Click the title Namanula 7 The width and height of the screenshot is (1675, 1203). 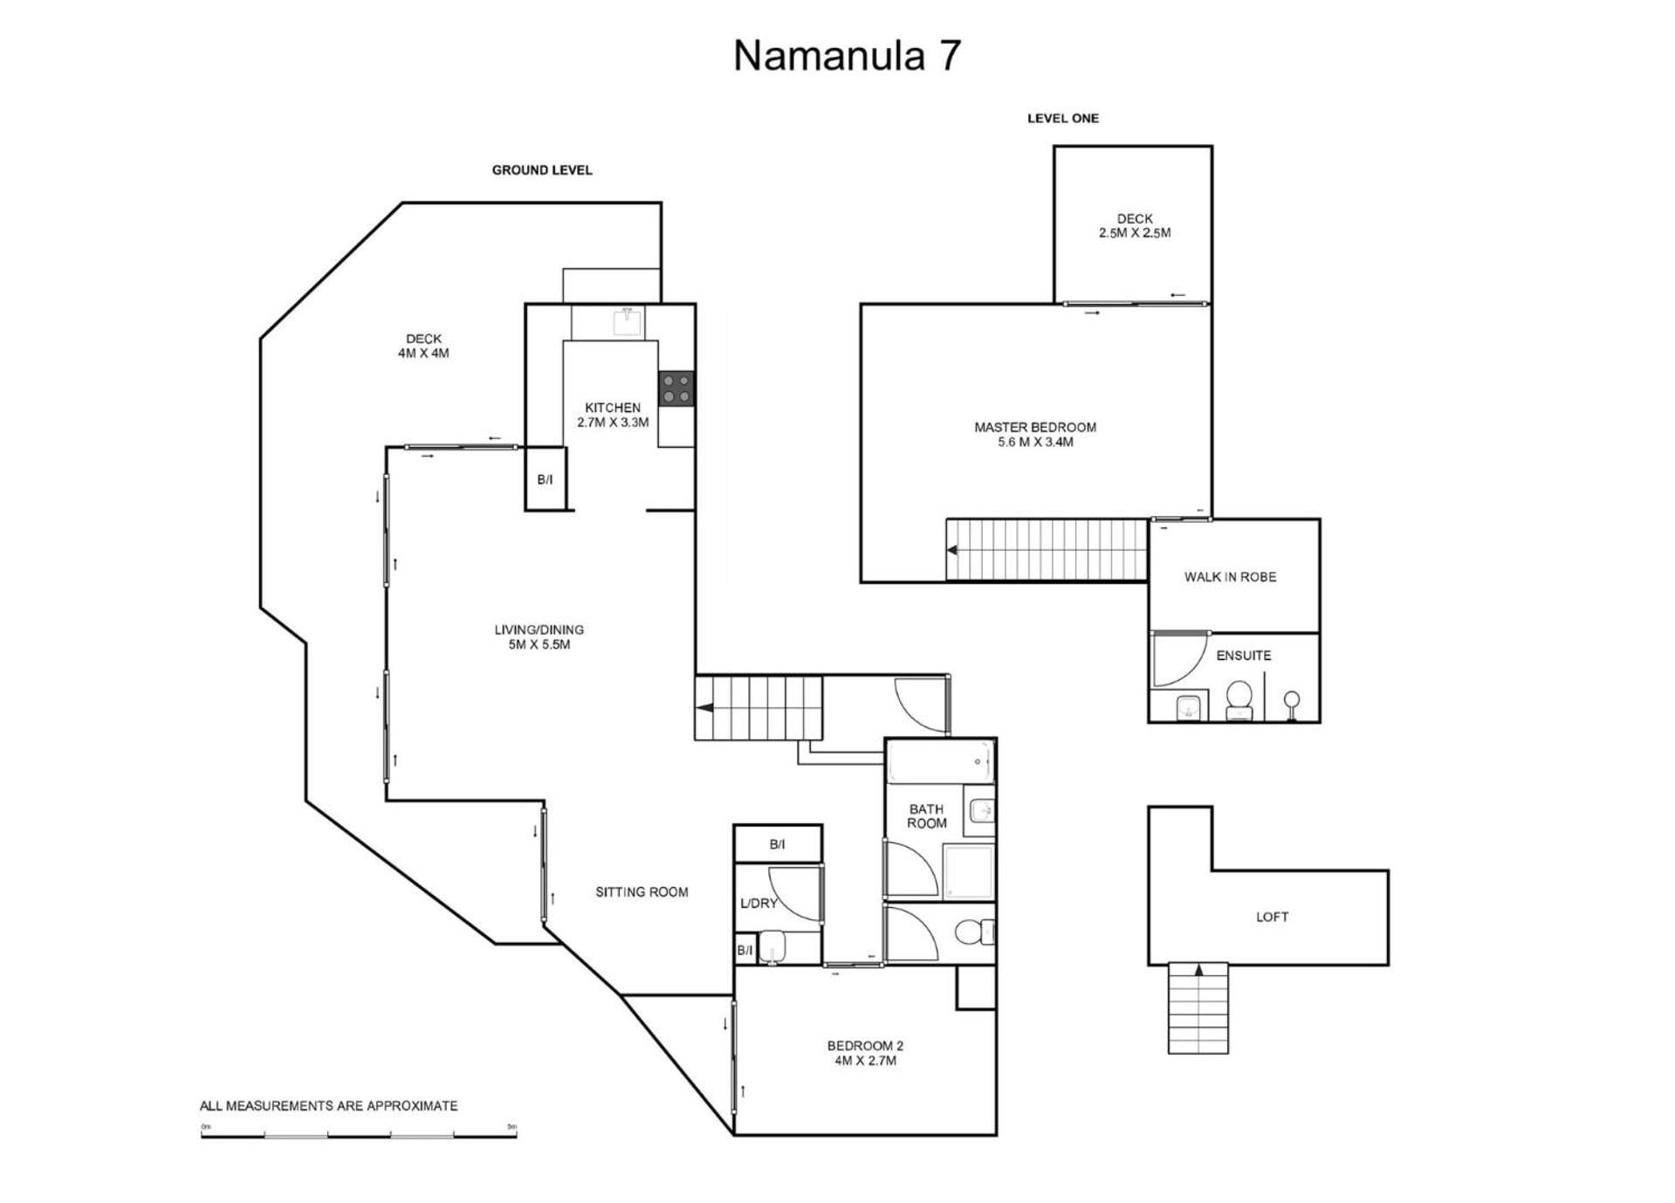pyautogui.click(x=847, y=55)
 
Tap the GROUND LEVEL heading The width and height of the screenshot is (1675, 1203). pyautogui.click(x=542, y=170)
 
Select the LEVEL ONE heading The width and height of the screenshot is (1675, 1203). pyautogui.click(x=1062, y=118)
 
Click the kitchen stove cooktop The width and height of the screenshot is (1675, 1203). pyautogui.click(x=676, y=388)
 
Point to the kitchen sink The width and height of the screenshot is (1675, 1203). pyautogui.click(x=627, y=321)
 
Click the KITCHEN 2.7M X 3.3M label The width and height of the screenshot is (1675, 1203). pyautogui.click(x=613, y=415)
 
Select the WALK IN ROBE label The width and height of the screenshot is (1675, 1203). pyautogui.click(x=1230, y=577)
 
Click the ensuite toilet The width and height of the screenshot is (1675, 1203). pyautogui.click(x=1239, y=700)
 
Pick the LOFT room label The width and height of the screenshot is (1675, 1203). pyautogui.click(x=1272, y=917)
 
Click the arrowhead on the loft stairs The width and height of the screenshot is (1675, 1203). pyautogui.click(x=1198, y=968)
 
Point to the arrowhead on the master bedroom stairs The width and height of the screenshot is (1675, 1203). pyautogui.click(x=953, y=550)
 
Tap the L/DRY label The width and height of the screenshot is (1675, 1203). pyautogui.click(x=759, y=904)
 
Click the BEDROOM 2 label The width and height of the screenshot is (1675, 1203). pyautogui.click(x=865, y=1053)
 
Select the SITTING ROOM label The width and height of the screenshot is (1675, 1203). pyautogui.click(x=642, y=892)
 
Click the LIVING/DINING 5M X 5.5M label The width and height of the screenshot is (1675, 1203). pyautogui.click(x=539, y=637)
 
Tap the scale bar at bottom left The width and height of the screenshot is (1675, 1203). pyautogui.click(x=359, y=1135)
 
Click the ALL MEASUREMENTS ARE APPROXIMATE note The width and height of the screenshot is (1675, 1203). pyautogui.click(x=328, y=1106)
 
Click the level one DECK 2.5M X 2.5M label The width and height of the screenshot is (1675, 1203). pyautogui.click(x=1135, y=226)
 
